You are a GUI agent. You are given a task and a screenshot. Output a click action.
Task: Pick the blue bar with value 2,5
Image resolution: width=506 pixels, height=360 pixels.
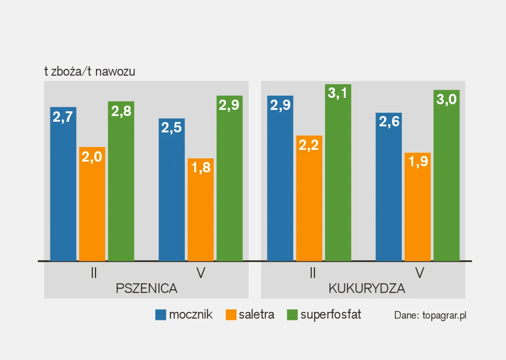[172, 190]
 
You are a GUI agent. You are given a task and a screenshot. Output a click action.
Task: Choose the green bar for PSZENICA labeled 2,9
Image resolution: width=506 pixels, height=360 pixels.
[229, 178]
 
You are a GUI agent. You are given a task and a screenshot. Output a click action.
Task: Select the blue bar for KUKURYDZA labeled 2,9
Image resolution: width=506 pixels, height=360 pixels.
[280, 178]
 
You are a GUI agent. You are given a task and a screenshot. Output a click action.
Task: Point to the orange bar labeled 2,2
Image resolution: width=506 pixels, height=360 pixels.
[309, 198]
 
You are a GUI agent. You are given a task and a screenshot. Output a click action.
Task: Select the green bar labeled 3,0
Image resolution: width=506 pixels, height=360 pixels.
[447, 175]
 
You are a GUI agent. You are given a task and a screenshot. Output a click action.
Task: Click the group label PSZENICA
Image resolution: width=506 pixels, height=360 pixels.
[146, 288]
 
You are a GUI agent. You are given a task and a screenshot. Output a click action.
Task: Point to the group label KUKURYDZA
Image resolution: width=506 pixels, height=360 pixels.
[367, 288]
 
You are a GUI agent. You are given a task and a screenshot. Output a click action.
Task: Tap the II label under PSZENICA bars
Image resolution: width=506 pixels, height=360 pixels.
[94, 273]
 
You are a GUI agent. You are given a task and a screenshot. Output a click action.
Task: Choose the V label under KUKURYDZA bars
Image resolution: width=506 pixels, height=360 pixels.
[419, 273]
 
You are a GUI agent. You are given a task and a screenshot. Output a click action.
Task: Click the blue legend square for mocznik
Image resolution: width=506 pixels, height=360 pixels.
[160, 315]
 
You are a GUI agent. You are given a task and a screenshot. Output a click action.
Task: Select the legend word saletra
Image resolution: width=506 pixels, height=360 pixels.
[256, 315]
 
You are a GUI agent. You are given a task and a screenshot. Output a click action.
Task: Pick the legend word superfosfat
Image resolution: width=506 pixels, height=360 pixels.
[331, 315]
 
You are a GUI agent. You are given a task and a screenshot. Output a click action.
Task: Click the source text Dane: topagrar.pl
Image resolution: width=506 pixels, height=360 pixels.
[430, 315]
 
